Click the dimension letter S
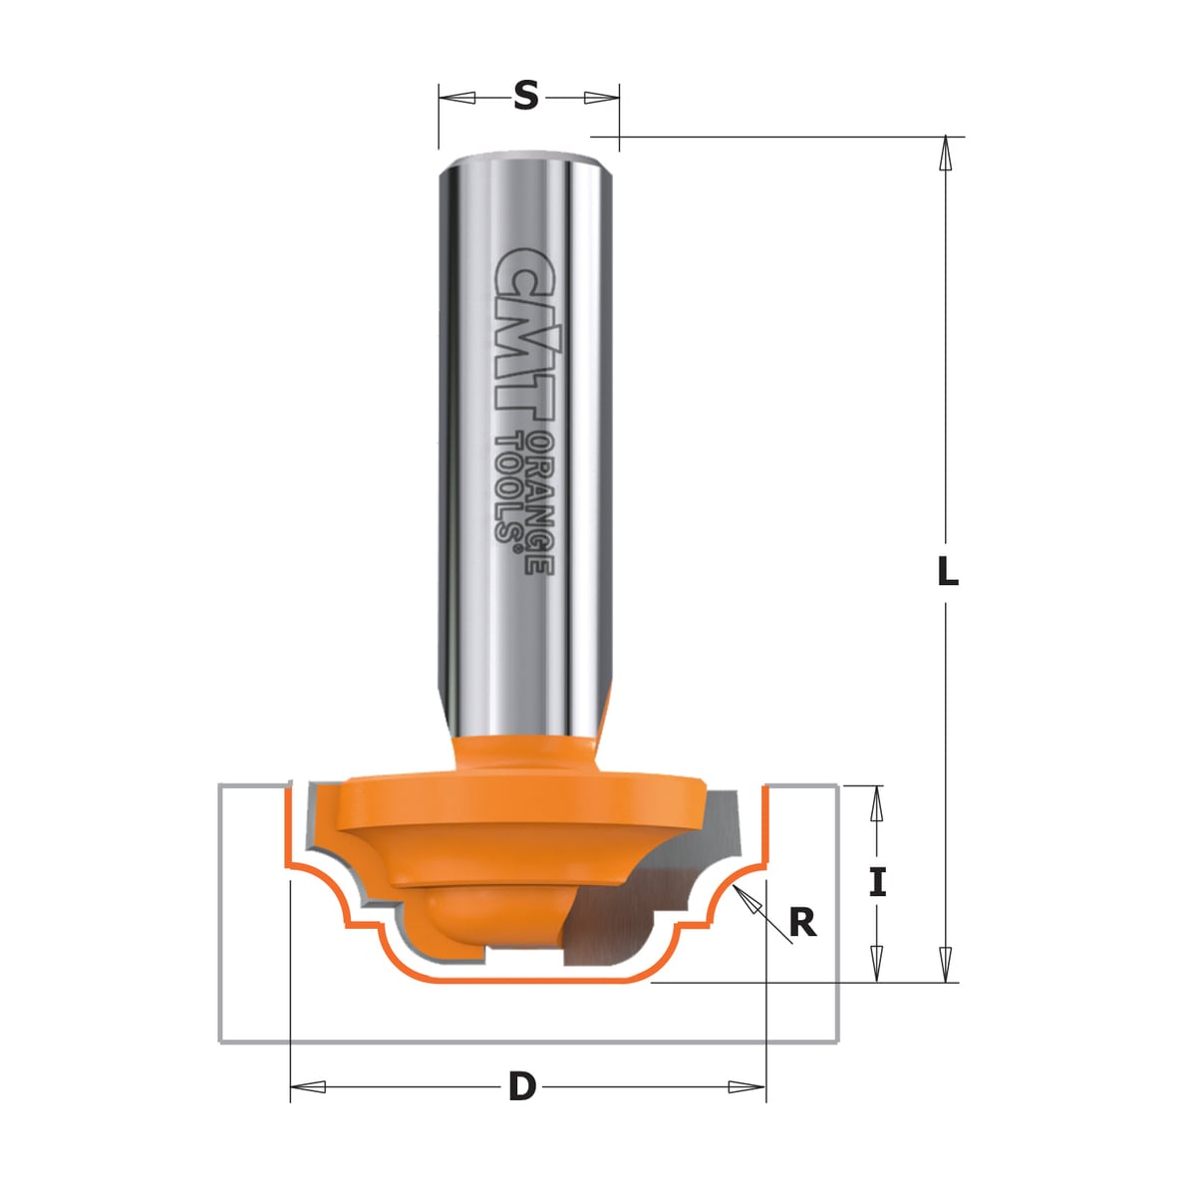click(525, 97)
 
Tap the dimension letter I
click(877, 883)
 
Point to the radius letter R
click(802, 923)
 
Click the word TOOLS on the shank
click(508, 489)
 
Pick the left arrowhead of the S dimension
click(457, 98)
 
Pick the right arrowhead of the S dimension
click(601, 98)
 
